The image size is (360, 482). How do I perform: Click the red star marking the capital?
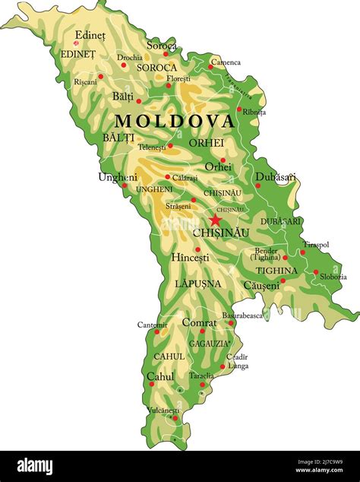[215, 220]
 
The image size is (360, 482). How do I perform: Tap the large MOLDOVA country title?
[175, 122]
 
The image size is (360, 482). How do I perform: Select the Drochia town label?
[130, 57]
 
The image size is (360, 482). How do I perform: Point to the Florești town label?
[179, 78]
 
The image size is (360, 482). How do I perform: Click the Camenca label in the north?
[226, 62]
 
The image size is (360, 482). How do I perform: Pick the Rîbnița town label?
[254, 112]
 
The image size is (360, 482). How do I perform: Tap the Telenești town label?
[151, 147]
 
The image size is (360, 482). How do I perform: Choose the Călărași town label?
[185, 178]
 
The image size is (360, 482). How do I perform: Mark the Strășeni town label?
[178, 205]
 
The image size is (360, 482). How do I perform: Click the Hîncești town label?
[190, 258]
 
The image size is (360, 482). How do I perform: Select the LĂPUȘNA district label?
[197, 284]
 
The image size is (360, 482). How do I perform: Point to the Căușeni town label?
[261, 286]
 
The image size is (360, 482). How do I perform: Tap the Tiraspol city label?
[316, 245]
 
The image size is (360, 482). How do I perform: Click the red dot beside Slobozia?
[316, 271]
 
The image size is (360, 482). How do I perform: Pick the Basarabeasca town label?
[242, 315]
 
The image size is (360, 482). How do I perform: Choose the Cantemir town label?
[152, 325]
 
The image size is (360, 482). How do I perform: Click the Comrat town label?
[199, 322]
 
